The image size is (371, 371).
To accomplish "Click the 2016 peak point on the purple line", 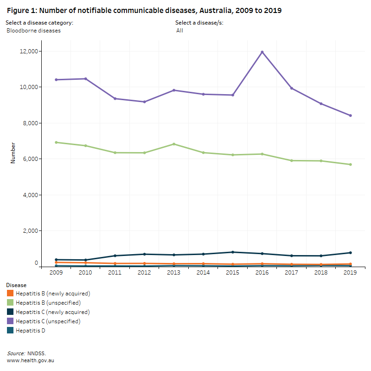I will point(262,52).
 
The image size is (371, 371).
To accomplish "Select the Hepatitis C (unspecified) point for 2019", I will point(350,115).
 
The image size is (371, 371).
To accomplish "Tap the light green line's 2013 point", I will point(174,144).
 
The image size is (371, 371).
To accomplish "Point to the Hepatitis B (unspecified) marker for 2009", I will point(56,142).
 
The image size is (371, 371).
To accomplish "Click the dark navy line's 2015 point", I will point(233,252).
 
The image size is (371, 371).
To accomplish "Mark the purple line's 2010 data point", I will point(85,79).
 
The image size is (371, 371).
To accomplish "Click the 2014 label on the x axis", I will point(203,273).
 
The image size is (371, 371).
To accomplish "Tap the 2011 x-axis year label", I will point(115,273).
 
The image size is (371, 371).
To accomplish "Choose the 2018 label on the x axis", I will point(321,273).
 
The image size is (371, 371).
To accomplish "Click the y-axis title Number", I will point(13,153).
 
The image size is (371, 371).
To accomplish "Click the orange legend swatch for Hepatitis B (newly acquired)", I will point(10,294).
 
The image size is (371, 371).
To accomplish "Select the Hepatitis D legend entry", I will point(30,331).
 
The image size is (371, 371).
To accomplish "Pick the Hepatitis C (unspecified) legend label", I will point(48,321).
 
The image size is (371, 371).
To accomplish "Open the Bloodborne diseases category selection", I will point(33,31).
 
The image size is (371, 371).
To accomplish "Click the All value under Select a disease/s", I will point(179,31).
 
